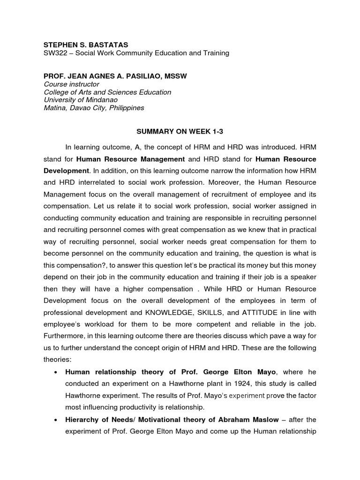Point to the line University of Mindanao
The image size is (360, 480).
(x=81, y=100)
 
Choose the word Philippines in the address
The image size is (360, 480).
(x=124, y=108)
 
